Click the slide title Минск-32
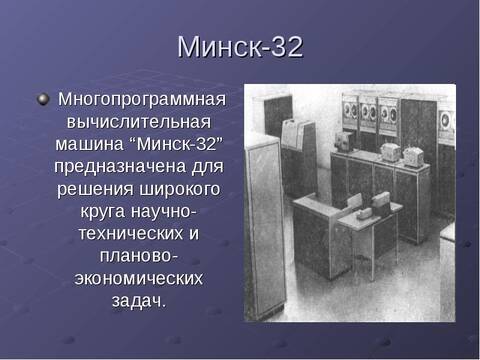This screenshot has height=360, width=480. pos(239,46)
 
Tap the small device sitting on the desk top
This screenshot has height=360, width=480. pos(379,201)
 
